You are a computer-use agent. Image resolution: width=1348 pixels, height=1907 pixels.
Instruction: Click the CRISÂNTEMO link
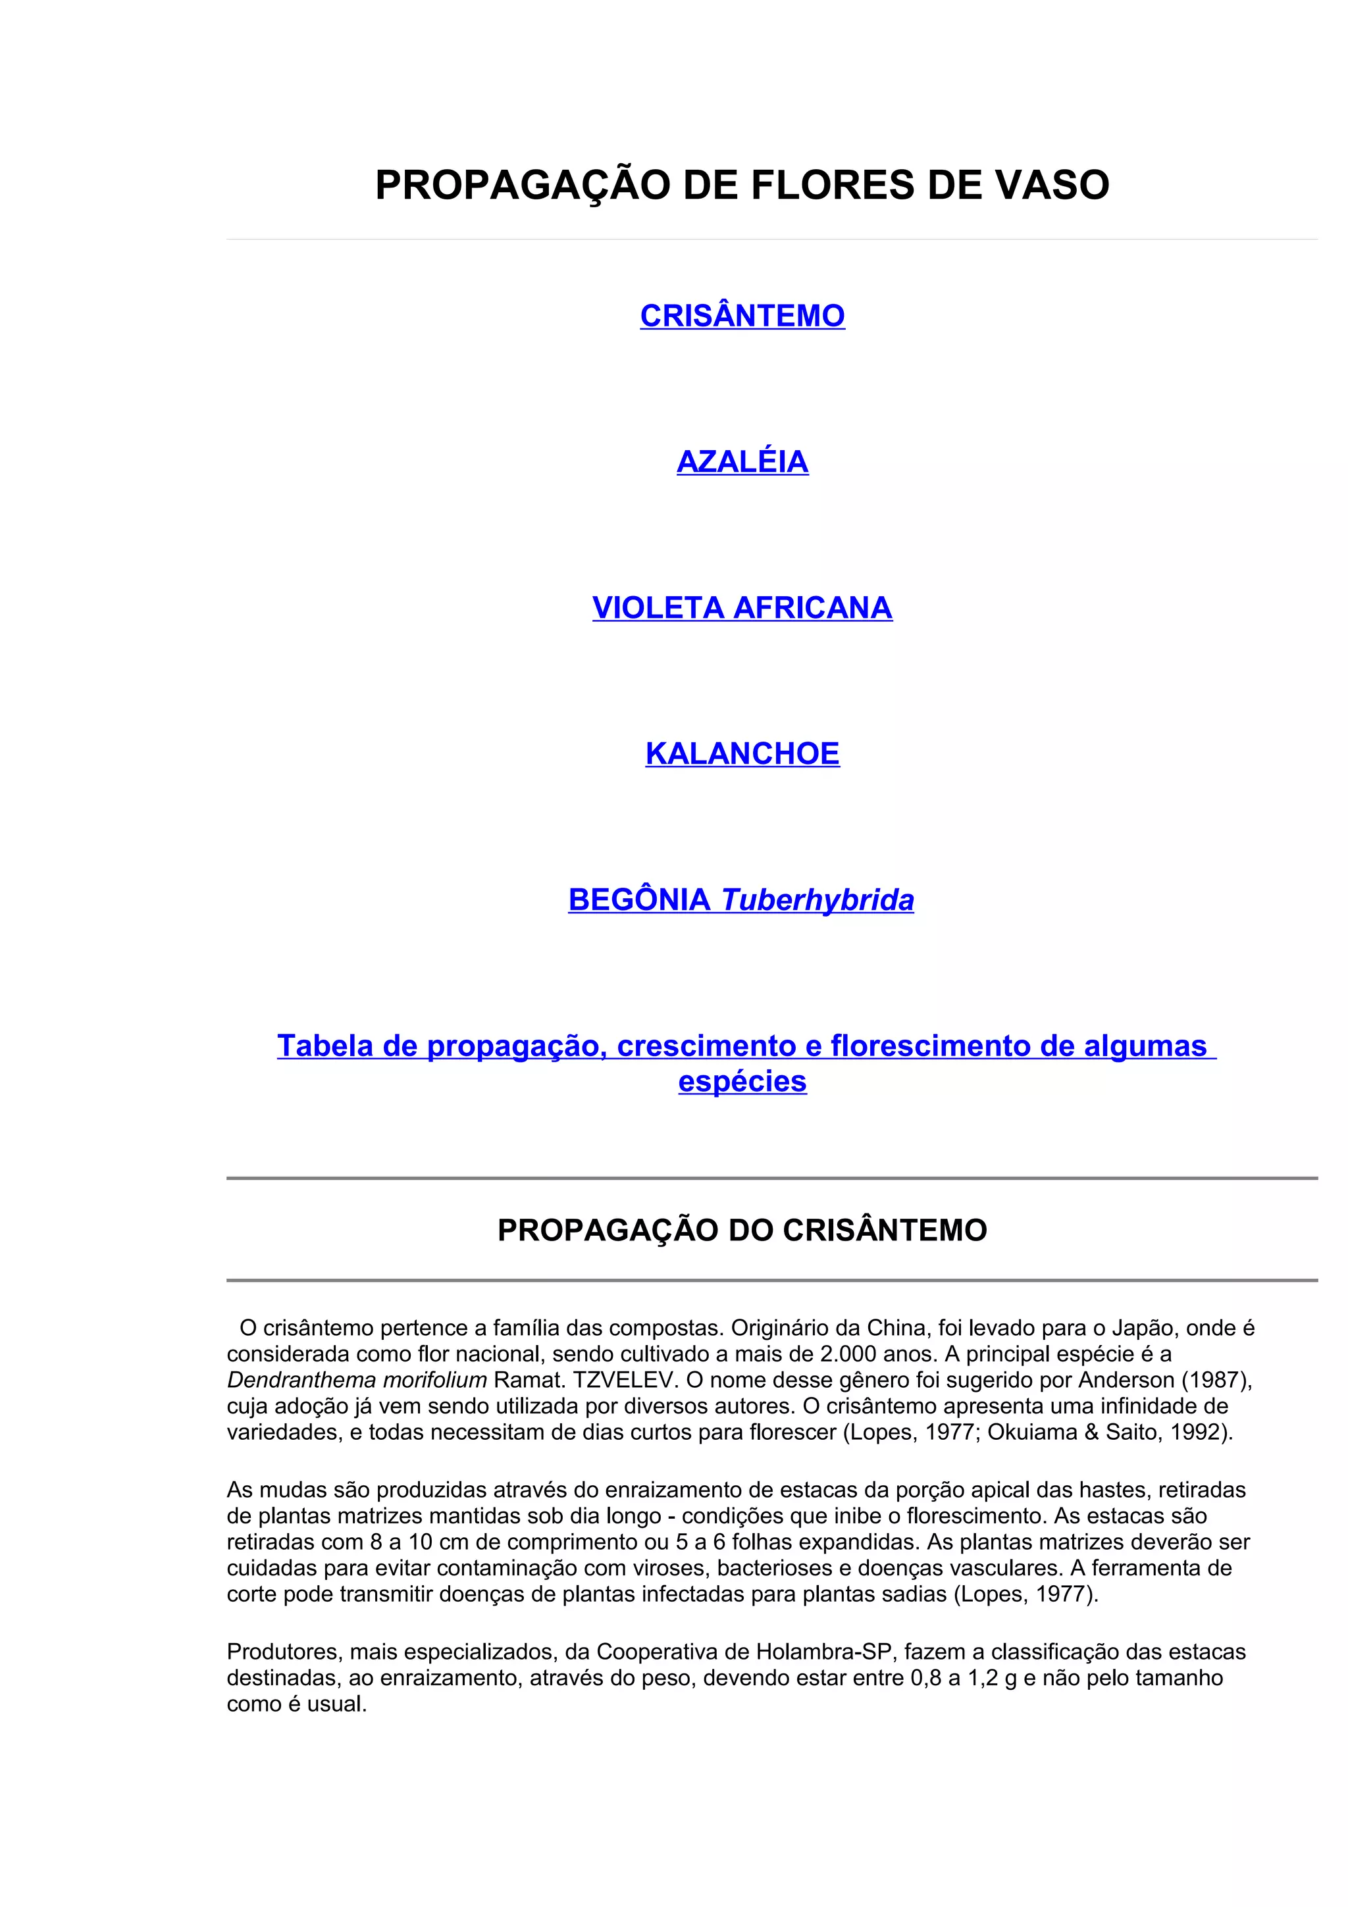(x=742, y=316)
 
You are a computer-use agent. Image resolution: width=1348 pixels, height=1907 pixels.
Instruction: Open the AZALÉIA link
(x=742, y=462)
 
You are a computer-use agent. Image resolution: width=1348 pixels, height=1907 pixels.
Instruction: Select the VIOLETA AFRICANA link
(x=742, y=608)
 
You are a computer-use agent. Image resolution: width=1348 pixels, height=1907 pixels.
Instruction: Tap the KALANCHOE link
(x=742, y=754)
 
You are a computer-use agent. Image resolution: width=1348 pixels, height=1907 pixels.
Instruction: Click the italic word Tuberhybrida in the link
(x=817, y=900)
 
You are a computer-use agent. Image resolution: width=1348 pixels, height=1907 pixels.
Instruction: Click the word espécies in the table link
(x=742, y=1081)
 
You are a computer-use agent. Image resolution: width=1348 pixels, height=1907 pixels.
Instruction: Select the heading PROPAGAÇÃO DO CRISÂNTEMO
(x=742, y=1230)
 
